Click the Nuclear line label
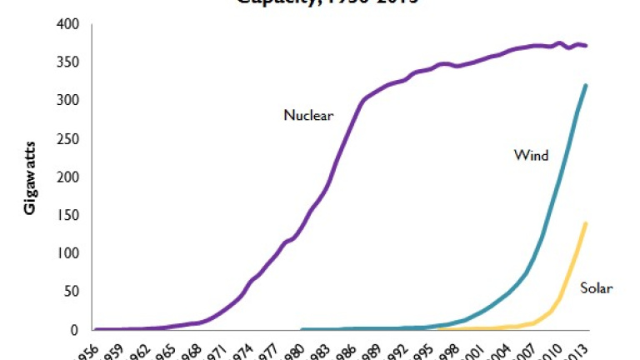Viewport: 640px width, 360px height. coord(308,116)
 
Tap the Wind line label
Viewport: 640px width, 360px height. coord(530,155)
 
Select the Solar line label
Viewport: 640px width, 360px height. coord(597,288)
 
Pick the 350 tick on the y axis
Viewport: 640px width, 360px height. coord(67,62)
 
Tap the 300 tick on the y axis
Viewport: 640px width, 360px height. coord(67,101)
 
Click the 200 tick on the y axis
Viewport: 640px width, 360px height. coord(67,177)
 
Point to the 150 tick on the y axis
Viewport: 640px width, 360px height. coord(67,215)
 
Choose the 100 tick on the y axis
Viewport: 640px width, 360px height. coord(67,253)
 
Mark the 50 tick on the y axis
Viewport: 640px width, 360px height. coord(71,292)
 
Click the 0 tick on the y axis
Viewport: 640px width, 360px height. coord(74,330)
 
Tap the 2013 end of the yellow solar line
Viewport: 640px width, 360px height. coord(587,223)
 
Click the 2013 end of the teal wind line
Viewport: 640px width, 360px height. coord(587,85)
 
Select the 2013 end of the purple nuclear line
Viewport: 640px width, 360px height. coord(587,46)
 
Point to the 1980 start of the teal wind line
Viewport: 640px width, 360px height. coord(302,329)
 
